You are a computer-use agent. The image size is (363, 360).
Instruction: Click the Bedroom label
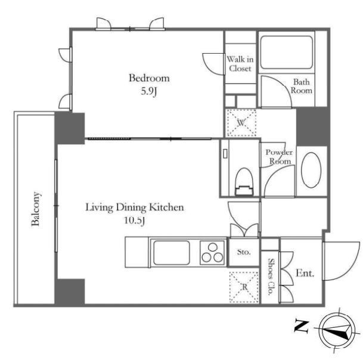click(149, 78)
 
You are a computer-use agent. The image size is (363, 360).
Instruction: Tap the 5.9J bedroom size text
click(149, 92)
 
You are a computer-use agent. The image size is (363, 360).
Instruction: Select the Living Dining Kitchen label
click(135, 207)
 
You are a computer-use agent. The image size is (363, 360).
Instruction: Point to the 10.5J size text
click(135, 221)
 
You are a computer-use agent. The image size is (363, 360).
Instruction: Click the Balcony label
click(36, 209)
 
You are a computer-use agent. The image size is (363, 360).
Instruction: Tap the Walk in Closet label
click(240, 64)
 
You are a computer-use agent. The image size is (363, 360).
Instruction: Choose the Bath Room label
click(301, 86)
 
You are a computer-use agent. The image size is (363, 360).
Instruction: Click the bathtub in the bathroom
click(286, 52)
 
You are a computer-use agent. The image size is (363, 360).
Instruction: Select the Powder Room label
click(279, 157)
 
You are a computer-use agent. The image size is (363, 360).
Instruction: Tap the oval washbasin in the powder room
click(311, 170)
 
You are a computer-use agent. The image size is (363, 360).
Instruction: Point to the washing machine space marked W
click(241, 123)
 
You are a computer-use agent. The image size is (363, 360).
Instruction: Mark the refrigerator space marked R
click(244, 287)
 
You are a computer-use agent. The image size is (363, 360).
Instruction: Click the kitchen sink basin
click(172, 253)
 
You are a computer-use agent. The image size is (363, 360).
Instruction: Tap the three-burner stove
click(212, 253)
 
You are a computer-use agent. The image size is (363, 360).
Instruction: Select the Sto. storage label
click(244, 252)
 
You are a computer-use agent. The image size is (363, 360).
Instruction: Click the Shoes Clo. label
click(270, 277)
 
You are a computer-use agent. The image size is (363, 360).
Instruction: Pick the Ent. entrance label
click(305, 274)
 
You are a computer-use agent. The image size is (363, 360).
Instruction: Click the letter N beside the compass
click(301, 326)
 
